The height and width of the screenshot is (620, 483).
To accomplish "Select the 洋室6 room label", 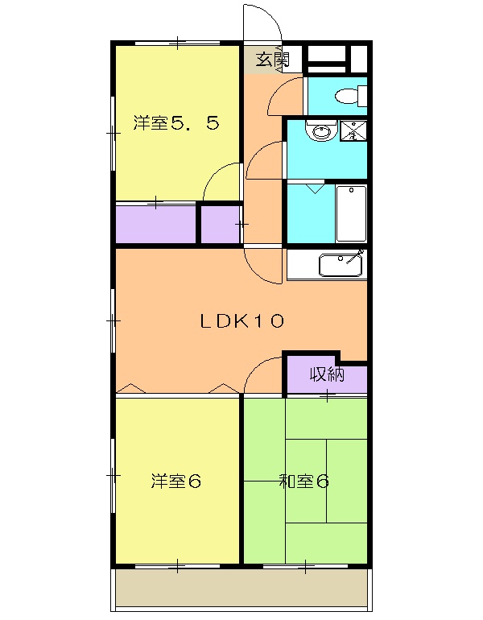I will point(175,482).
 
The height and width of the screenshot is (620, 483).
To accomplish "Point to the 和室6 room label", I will point(303,482).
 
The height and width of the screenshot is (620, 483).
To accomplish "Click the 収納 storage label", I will point(327,375).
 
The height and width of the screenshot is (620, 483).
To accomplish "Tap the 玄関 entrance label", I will point(272,59).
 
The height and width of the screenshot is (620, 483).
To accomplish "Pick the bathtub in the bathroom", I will point(351,213).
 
